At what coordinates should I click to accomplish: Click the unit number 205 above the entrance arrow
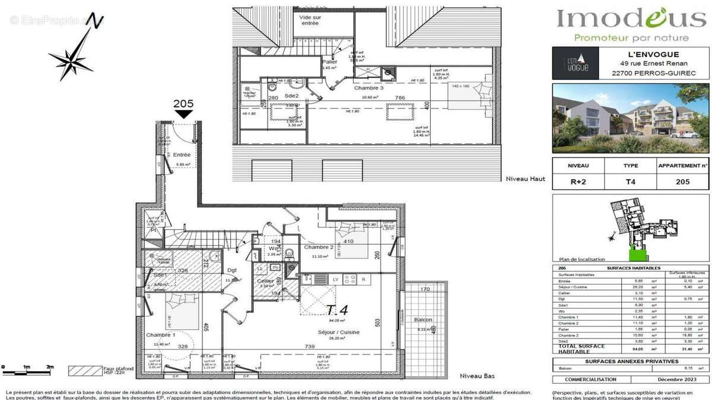point(183,103)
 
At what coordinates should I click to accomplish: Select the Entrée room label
point(182,155)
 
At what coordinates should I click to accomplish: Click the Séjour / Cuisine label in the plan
point(338,332)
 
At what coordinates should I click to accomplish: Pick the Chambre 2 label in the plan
point(319,247)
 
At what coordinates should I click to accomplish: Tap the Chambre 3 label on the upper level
point(369,88)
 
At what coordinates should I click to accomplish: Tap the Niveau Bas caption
point(477,376)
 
